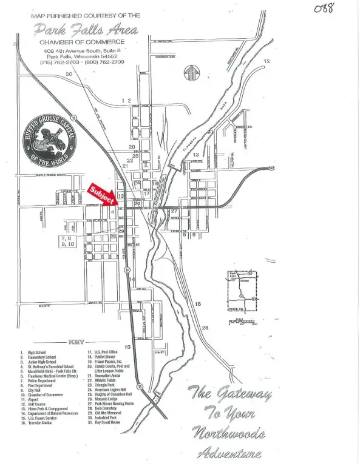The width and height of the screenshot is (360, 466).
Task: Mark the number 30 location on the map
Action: tap(69, 74)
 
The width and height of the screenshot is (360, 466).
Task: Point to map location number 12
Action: tap(267, 61)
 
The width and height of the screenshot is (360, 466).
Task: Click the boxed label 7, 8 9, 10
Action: tap(67, 241)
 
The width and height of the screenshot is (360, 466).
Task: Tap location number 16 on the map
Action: tap(197, 303)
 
